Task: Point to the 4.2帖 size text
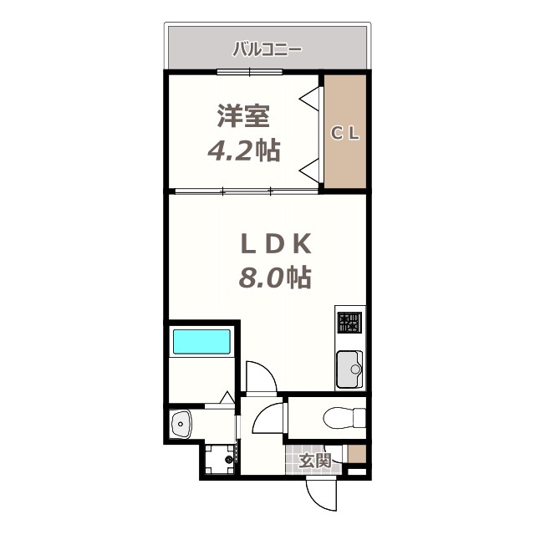tap(243, 150)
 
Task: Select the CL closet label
tap(344, 133)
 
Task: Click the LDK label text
tap(276, 243)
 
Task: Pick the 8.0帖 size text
tap(276, 277)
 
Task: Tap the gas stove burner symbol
tap(350, 322)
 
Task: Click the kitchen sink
tap(350, 369)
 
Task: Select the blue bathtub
tap(201, 342)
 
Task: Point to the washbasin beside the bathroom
tap(181, 425)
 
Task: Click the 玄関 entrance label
tap(315, 460)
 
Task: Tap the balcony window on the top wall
tap(248, 72)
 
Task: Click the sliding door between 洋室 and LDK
tap(247, 191)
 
